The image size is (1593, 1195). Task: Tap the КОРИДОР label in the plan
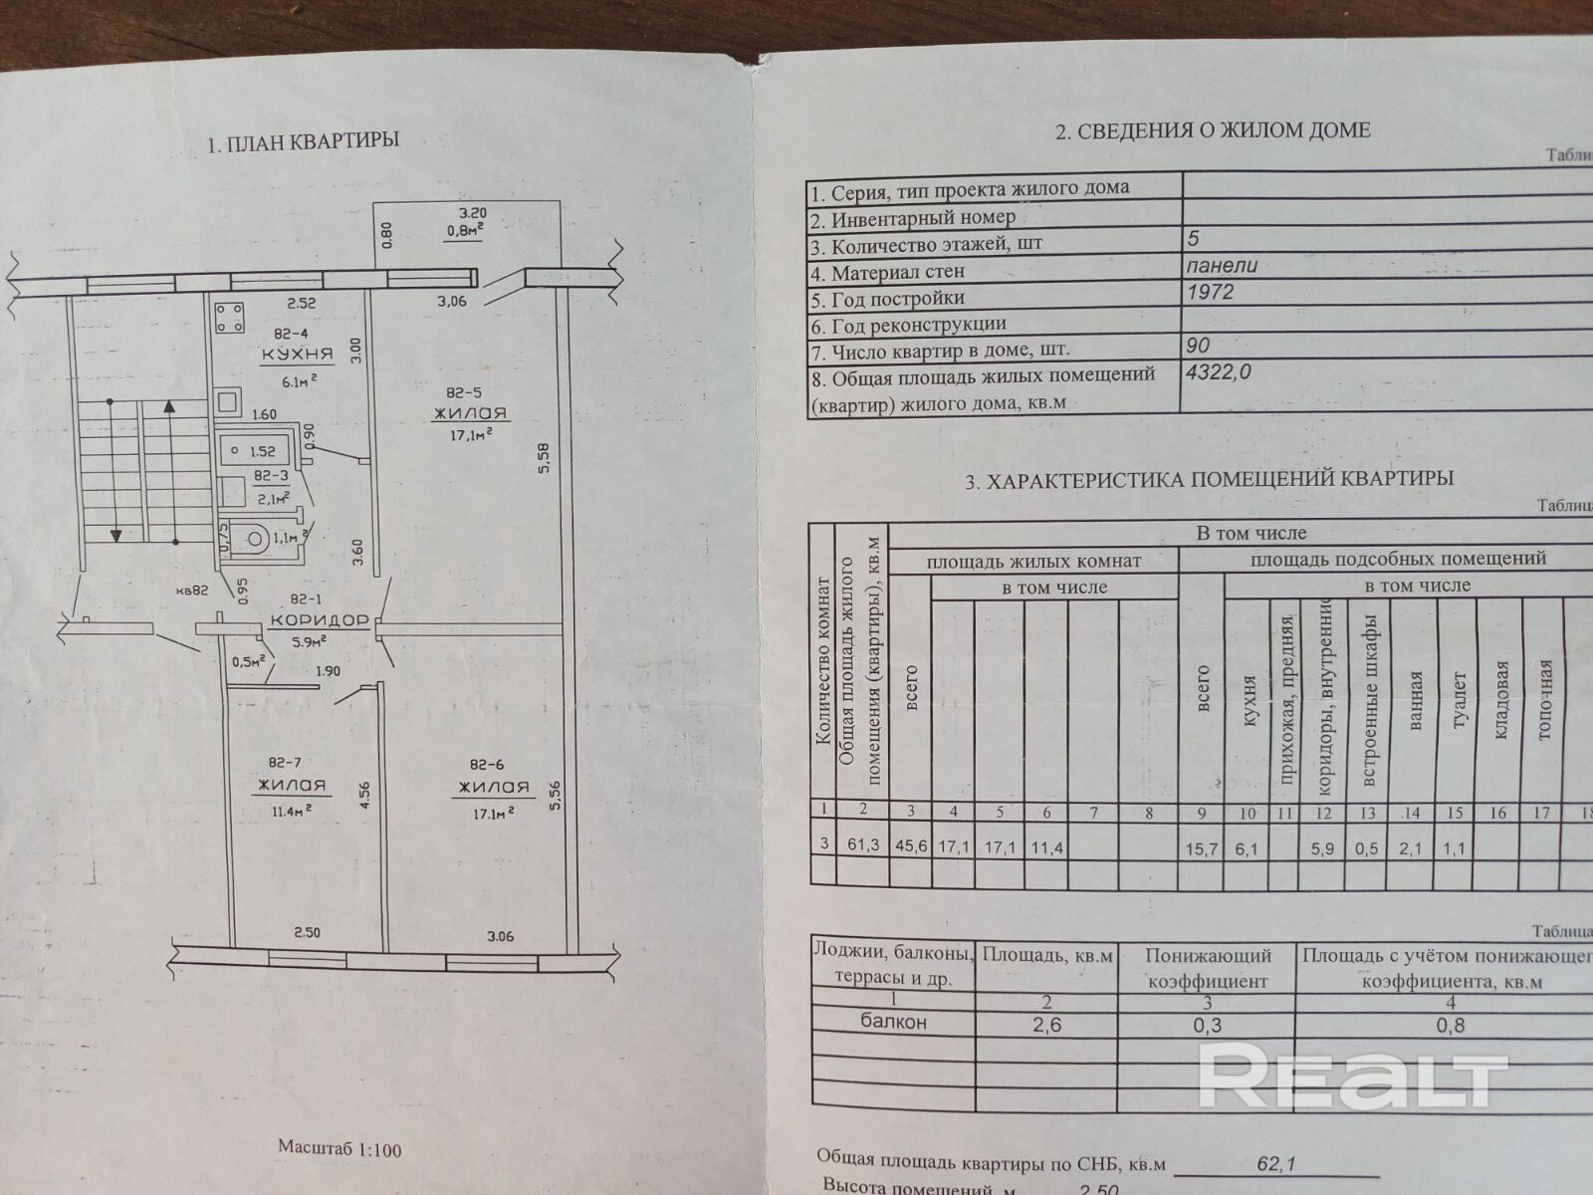click(319, 619)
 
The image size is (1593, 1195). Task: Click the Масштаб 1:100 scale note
click(340, 1149)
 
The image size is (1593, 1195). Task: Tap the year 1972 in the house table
click(1210, 293)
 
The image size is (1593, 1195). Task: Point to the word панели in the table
click(1223, 266)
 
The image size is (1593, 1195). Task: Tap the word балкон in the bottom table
click(893, 1023)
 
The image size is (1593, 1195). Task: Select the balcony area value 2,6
click(1047, 1025)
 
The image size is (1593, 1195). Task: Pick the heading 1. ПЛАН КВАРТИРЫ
click(303, 141)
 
